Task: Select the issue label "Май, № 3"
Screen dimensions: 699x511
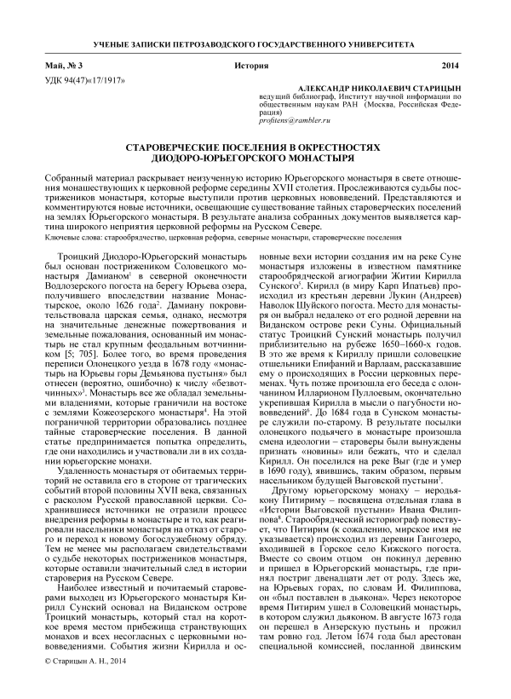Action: click(62, 66)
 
